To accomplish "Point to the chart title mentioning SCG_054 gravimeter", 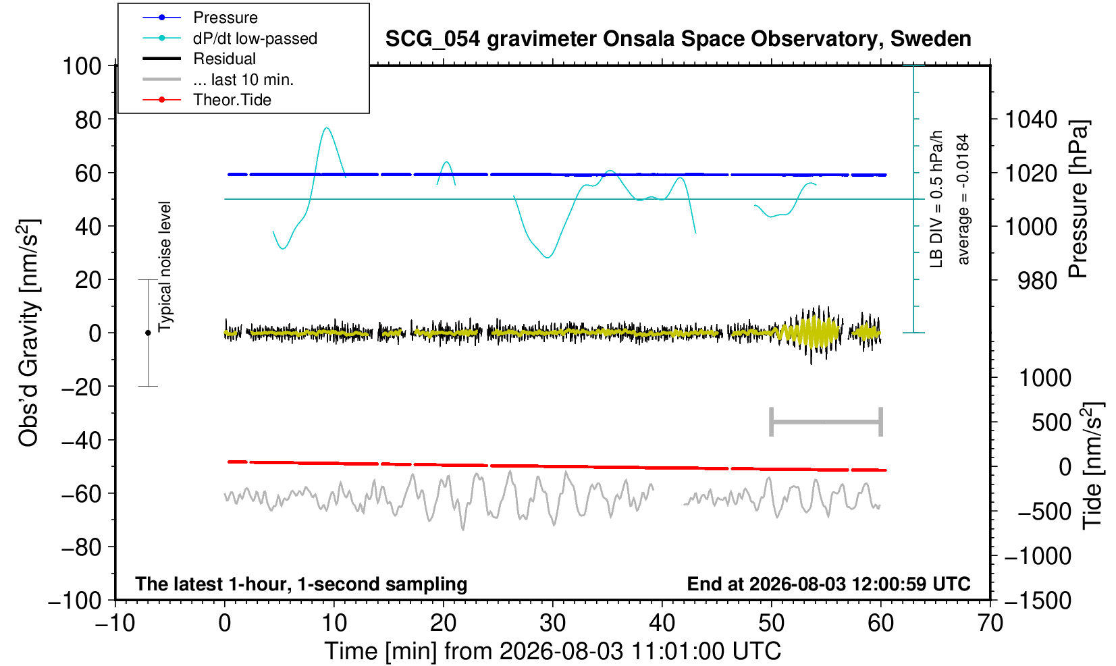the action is [x=678, y=39].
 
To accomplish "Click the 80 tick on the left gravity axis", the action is [x=88, y=119].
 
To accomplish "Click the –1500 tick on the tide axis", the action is [x=1038, y=601].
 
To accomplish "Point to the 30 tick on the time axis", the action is [x=552, y=623].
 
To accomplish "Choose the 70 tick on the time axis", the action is [x=990, y=623].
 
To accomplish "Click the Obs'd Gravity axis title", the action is [x=28, y=333].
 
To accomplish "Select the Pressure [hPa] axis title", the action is [x=1078, y=199].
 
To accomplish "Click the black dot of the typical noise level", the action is [x=148, y=333].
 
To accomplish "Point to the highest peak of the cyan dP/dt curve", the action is [x=327, y=128].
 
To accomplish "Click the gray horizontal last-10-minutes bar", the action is [x=826, y=422].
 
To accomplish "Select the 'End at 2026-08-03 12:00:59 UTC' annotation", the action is [x=828, y=584].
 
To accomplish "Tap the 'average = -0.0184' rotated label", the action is [x=963, y=199].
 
